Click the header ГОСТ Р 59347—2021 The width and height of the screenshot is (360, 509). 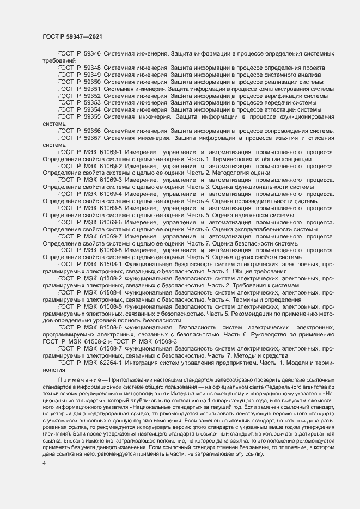click(71, 36)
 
